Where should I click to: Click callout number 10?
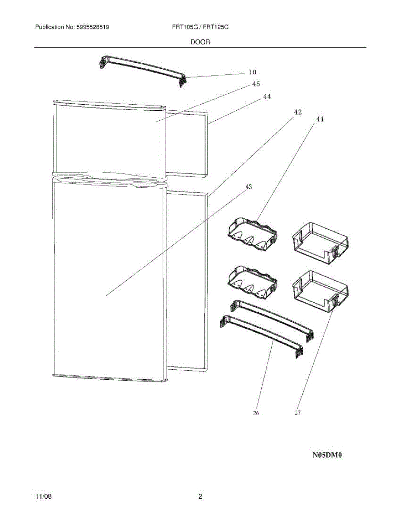pos(252,72)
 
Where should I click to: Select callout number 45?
pos(256,84)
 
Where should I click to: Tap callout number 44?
pos(267,97)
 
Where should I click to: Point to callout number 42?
pos(298,112)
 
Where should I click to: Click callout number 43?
pos(249,187)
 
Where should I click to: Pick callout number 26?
pos(256,413)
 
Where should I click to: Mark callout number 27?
pos(298,413)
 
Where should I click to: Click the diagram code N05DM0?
pos(327,455)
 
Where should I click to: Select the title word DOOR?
pos(200,42)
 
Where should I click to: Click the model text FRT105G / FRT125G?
pos(200,27)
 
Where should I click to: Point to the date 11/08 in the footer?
pos(43,497)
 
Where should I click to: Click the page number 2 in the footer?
pos(200,497)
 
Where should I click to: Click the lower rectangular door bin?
pos(320,290)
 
